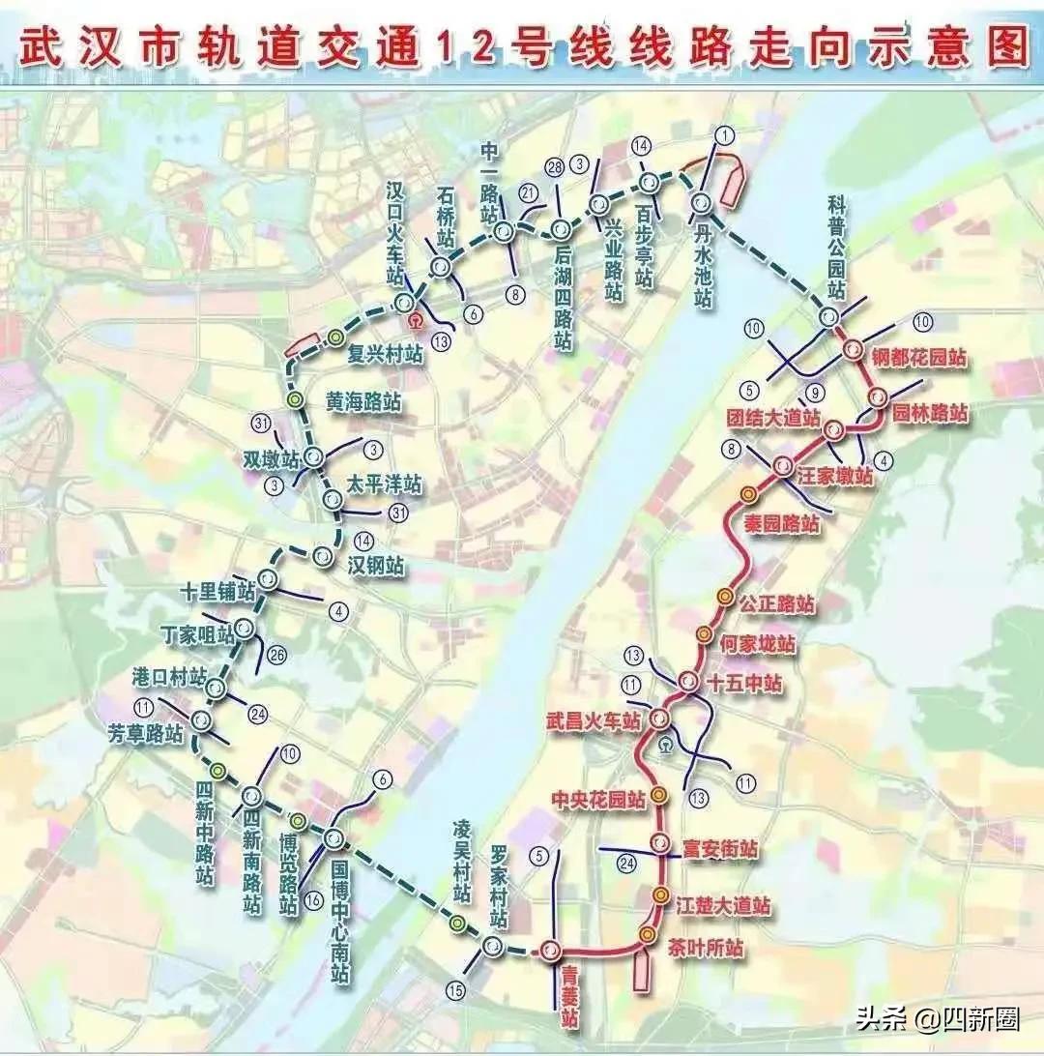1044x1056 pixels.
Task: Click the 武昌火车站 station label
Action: [x=592, y=720]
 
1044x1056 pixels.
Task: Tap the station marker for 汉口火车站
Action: [x=404, y=304]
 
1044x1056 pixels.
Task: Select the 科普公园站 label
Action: [x=836, y=247]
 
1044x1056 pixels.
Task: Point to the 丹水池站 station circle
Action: [x=701, y=203]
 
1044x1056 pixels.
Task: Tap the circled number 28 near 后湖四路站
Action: [x=554, y=165]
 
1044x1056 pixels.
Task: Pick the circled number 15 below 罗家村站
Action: [x=456, y=988]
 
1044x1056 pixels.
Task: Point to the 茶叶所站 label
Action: [x=706, y=949]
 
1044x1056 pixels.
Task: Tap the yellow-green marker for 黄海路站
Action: [x=296, y=400]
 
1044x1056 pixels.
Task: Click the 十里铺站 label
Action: [x=218, y=590]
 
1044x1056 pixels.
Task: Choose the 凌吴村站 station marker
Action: [x=457, y=924]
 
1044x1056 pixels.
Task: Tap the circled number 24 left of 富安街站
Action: [x=626, y=862]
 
